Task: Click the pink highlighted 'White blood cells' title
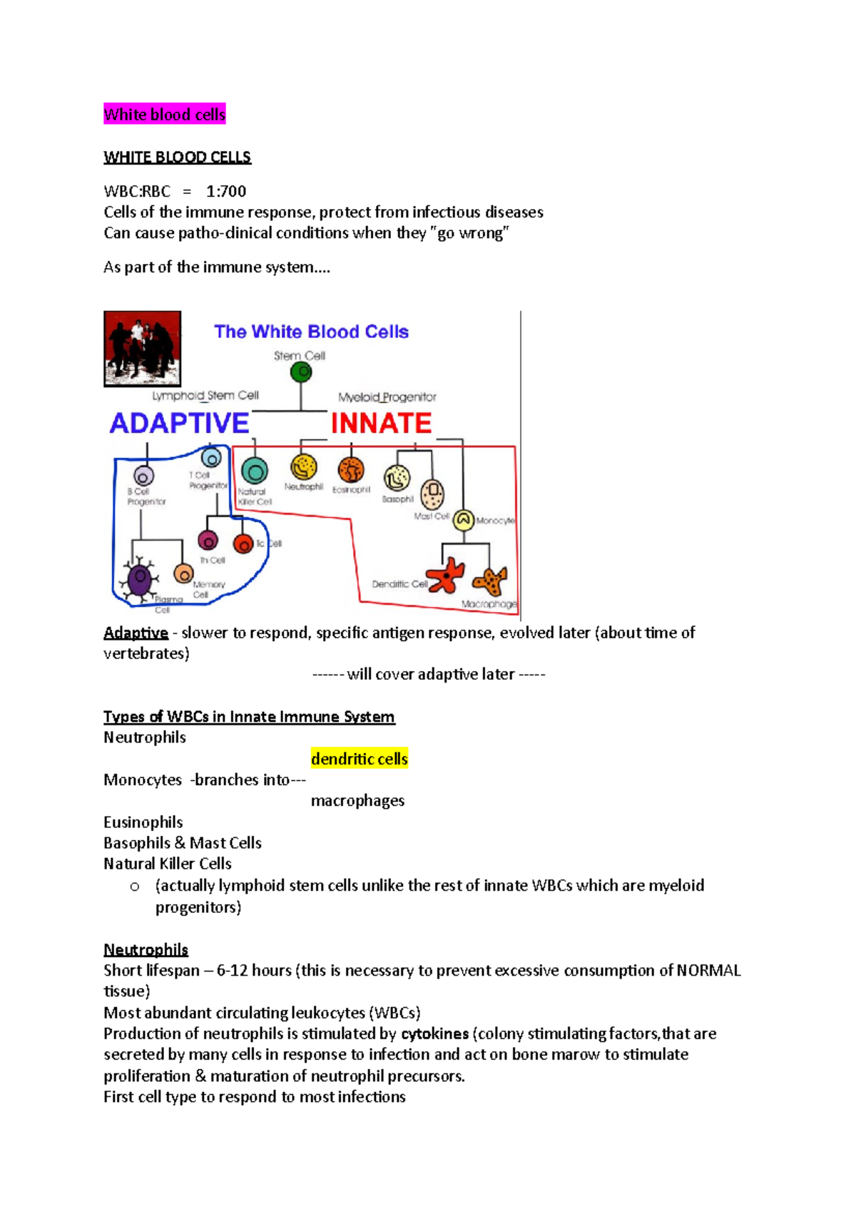(x=164, y=114)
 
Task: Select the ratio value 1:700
(x=226, y=191)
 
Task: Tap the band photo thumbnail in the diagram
(x=142, y=349)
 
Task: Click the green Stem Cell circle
(x=301, y=372)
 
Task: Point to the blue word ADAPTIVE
(x=179, y=423)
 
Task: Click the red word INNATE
(x=381, y=424)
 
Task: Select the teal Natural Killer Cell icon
(x=255, y=471)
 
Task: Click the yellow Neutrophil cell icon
(x=303, y=468)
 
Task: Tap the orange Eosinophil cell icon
(x=351, y=470)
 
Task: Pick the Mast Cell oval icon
(x=432, y=494)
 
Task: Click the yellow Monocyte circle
(x=464, y=520)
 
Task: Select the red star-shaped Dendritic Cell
(x=446, y=575)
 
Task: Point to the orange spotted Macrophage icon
(x=490, y=581)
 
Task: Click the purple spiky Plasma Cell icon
(x=140, y=579)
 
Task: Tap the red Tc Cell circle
(x=243, y=544)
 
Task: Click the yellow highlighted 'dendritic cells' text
(x=359, y=759)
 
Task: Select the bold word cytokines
(x=434, y=1033)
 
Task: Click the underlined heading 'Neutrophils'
(x=146, y=949)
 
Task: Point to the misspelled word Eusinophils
(x=143, y=822)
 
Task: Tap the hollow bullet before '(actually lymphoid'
(x=135, y=886)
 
